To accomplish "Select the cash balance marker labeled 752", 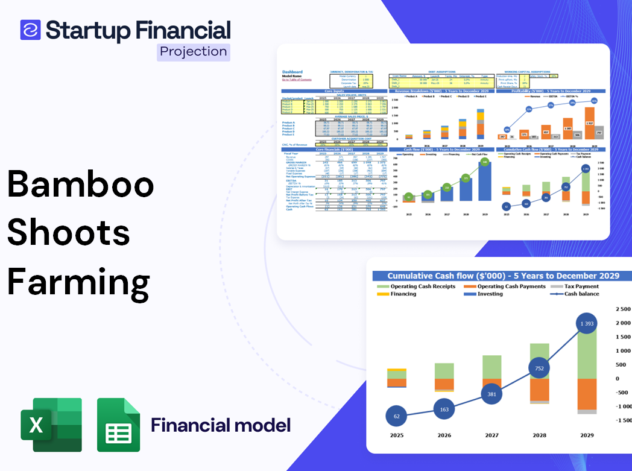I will [x=539, y=368].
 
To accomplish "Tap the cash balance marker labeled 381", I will [x=492, y=394].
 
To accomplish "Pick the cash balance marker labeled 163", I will [x=444, y=409].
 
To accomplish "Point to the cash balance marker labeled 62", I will [x=396, y=416].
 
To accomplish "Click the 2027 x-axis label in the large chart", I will [x=491, y=435].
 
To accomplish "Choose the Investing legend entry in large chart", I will [x=490, y=294].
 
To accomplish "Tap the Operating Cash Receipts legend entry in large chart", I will [x=422, y=286].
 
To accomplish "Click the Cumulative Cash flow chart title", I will [x=503, y=276].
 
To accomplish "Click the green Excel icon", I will [x=51, y=425].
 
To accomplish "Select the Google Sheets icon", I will [x=119, y=425].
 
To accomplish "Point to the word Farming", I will [x=78, y=281].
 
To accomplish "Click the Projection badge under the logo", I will [x=194, y=52].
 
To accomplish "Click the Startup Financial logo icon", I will [x=30, y=30].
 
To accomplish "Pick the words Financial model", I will [x=221, y=425].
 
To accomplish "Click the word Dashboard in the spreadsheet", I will [x=292, y=72].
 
